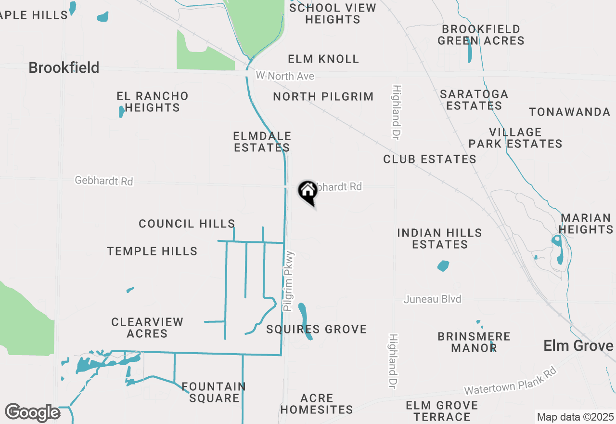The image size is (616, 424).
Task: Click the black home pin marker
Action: [x=308, y=191]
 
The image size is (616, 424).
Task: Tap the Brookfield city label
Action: [x=64, y=67]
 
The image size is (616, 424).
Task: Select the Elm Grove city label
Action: [x=578, y=345]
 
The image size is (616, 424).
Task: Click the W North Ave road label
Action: [x=285, y=76]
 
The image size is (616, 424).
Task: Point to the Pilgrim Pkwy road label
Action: [x=289, y=281]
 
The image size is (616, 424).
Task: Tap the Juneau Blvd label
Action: [x=433, y=299]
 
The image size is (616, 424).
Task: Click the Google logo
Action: [x=32, y=412]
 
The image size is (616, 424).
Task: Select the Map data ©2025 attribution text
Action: [x=575, y=416]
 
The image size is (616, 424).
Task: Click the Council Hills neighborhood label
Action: [x=187, y=224]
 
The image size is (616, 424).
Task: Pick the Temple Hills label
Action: [x=152, y=251]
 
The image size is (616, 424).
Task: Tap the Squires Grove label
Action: [x=317, y=330]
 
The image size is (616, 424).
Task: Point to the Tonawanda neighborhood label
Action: [x=570, y=112]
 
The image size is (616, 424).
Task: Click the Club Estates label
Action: [x=430, y=159]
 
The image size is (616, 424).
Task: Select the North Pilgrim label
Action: [x=323, y=96]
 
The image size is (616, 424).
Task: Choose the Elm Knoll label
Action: [x=323, y=59]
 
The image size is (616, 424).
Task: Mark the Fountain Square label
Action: [x=214, y=392]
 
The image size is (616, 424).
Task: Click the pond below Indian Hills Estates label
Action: [x=443, y=265]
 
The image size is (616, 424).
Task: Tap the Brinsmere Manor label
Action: [x=474, y=342]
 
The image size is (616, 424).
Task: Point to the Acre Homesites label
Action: [x=317, y=404]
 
